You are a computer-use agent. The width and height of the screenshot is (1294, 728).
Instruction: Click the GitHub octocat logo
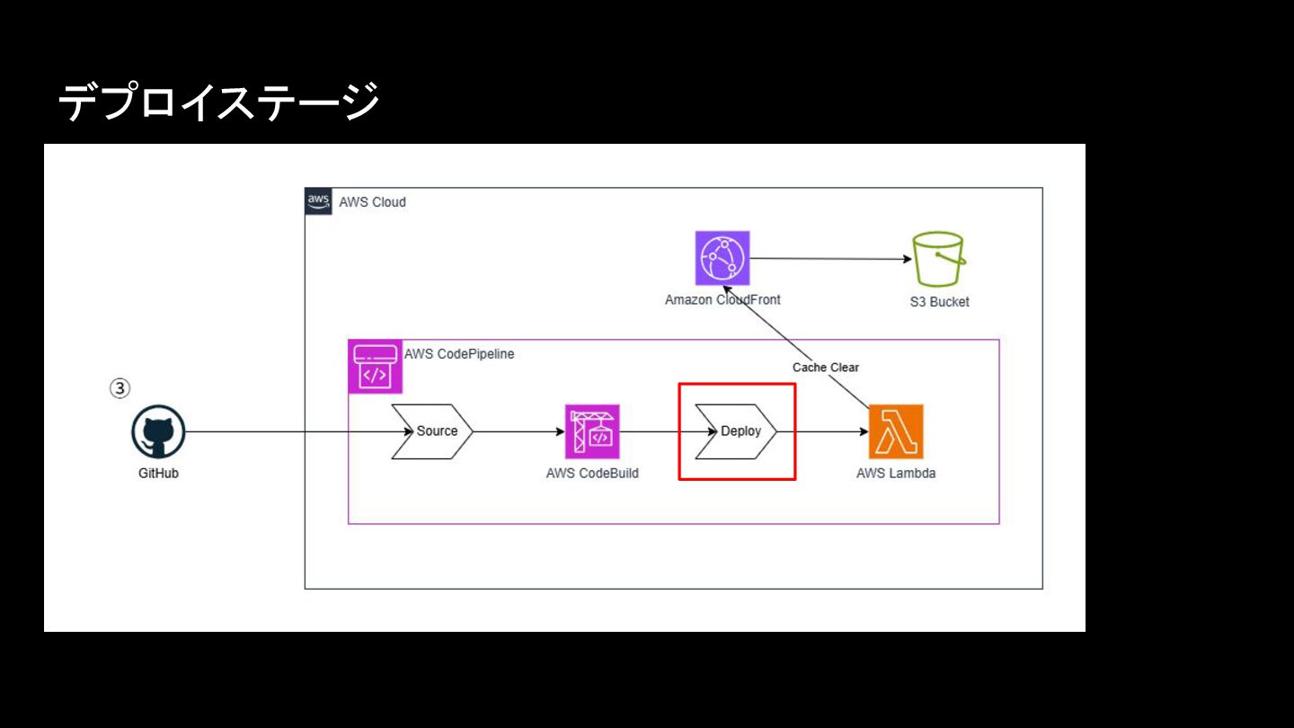158,432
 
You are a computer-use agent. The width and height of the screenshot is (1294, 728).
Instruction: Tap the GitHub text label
158,473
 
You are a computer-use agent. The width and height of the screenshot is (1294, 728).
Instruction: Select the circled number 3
120,388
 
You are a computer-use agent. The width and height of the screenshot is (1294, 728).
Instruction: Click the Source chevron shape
432,431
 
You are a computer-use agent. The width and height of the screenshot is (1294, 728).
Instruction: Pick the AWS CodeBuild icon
592,431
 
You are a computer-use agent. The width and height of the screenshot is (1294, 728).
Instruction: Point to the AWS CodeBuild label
592,473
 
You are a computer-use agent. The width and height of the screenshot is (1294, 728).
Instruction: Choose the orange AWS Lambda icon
896,431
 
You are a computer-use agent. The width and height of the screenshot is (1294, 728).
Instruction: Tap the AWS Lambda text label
896,473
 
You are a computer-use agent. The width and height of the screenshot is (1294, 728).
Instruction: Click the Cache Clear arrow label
825,368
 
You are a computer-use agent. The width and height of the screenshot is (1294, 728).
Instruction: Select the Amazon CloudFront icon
722,259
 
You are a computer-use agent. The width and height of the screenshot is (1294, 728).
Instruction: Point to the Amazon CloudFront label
722,300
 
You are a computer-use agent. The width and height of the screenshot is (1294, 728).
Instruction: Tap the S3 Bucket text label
939,302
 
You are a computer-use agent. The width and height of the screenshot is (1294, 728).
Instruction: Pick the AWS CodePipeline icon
375,367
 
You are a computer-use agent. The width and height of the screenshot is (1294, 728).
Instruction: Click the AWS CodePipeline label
459,354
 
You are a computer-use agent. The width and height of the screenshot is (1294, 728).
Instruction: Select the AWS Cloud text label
372,202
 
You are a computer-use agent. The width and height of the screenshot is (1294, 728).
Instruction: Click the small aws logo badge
318,200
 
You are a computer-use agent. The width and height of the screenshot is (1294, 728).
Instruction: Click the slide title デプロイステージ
218,101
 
